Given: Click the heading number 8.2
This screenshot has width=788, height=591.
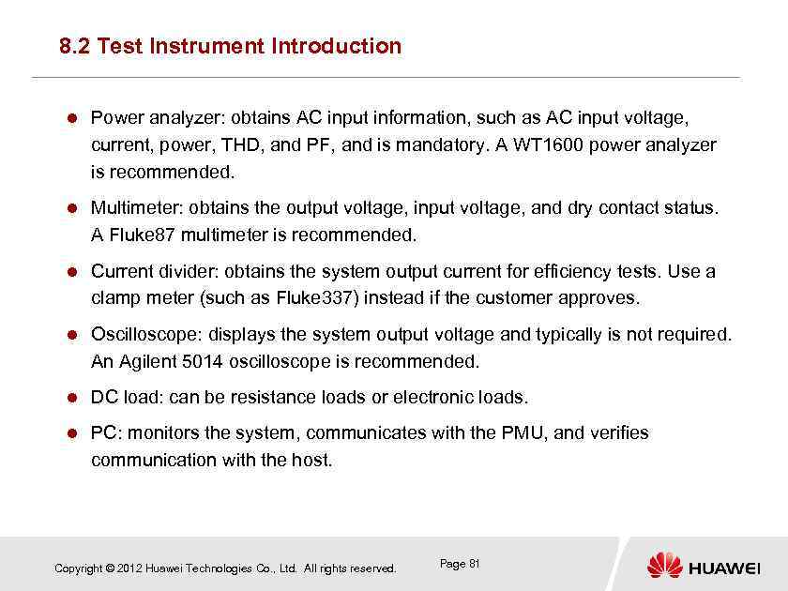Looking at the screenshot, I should pyautogui.click(x=74, y=46).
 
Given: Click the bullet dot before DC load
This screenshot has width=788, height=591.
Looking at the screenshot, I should pyautogui.click(x=69, y=398).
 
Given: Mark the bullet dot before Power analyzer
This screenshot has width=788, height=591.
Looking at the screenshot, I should pyautogui.click(x=69, y=119).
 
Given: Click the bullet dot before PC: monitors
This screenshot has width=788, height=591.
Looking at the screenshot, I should pyautogui.click(x=69, y=433).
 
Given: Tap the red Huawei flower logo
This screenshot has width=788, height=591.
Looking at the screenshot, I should pyautogui.click(x=664, y=565).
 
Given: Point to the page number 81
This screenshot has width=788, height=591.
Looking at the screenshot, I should pyautogui.click(x=474, y=564).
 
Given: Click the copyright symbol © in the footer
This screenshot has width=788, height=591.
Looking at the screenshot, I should pyautogui.click(x=111, y=568).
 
